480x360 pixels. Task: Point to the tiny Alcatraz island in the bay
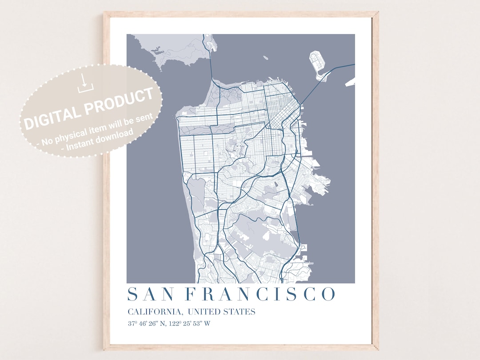coord(265,57)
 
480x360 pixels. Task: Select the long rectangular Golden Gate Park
coord(207,128)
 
